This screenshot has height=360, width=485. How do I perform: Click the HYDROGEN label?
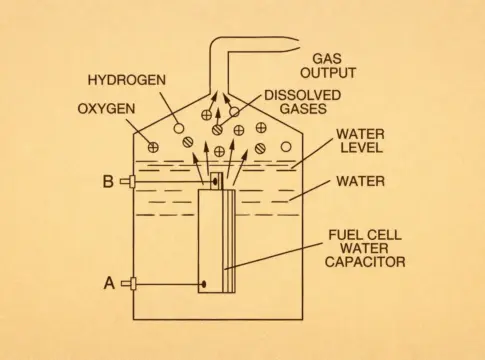(x=127, y=80)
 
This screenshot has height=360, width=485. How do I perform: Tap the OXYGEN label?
(x=106, y=109)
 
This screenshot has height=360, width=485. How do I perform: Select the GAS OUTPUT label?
(x=328, y=66)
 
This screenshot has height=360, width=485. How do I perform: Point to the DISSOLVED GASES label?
(x=303, y=102)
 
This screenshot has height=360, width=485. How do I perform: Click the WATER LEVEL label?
(x=360, y=141)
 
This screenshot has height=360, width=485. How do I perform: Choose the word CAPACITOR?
(x=365, y=262)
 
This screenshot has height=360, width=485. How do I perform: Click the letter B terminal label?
(x=108, y=182)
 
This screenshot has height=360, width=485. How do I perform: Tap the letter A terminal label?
(x=109, y=283)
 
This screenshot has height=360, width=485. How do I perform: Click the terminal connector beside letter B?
(x=128, y=182)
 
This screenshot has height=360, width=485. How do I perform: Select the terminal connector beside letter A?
(x=128, y=284)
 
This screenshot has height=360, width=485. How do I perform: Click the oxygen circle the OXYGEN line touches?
(x=153, y=147)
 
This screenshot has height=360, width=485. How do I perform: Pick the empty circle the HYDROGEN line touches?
(x=179, y=128)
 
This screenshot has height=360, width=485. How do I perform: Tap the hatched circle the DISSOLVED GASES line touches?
(x=218, y=129)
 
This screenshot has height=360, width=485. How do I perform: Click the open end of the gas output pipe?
(x=296, y=45)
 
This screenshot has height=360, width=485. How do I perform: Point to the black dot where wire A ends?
(x=203, y=284)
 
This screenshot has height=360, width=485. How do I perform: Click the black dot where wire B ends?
(x=215, y=182)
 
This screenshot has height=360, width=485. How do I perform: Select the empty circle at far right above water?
(x=286, y=147)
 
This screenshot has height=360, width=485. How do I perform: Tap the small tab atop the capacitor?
(x=216, y=181)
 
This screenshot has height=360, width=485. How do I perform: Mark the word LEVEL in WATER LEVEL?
(x=361, y=147)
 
